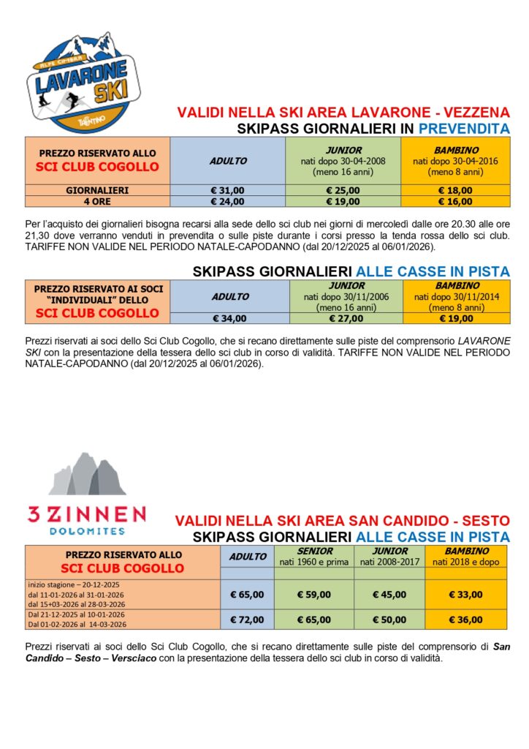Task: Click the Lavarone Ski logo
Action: coord(82,81)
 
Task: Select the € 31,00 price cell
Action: coord(228,189)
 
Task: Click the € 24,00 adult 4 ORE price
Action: coord(228,200)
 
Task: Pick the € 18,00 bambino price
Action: coord(455,189)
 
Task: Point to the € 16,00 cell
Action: coord(455,200)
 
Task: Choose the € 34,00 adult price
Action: coord(229,318)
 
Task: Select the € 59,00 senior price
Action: coord(316,594)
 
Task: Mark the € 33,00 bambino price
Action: coord(465,594)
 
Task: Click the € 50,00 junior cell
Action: coord(389,620)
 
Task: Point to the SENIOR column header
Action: coord(316,551)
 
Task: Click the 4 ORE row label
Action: coord(98,200)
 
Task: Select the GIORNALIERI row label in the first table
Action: coord(98,189)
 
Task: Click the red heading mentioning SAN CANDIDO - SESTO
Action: coord(342,521)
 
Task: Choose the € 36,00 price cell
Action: coord(465,620)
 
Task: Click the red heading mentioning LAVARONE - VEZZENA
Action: coord(343,113)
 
